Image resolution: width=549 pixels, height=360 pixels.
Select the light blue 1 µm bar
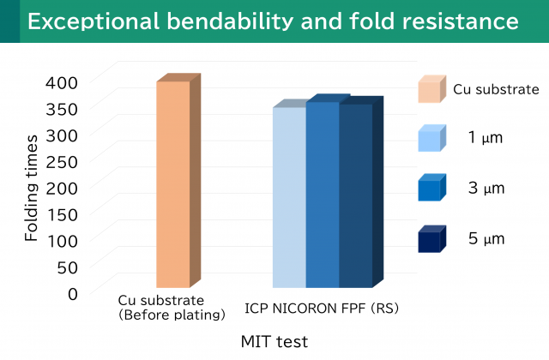[x=289, y=197]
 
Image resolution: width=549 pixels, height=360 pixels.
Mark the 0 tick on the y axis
[x=72, y=293]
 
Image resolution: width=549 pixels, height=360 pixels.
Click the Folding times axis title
[x=32, y=187]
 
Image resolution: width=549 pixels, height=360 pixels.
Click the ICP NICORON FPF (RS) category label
[x=322, y=307]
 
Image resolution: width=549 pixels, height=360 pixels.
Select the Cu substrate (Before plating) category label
[x=172, y=308]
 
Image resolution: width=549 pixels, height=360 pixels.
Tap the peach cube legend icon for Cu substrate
[x=431, y=89]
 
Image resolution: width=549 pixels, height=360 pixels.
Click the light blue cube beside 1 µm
[x=431, y=138]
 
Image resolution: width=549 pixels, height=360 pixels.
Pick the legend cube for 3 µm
[x=431, y=188]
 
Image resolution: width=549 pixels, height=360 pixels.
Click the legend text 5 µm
[x=487, y=239]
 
